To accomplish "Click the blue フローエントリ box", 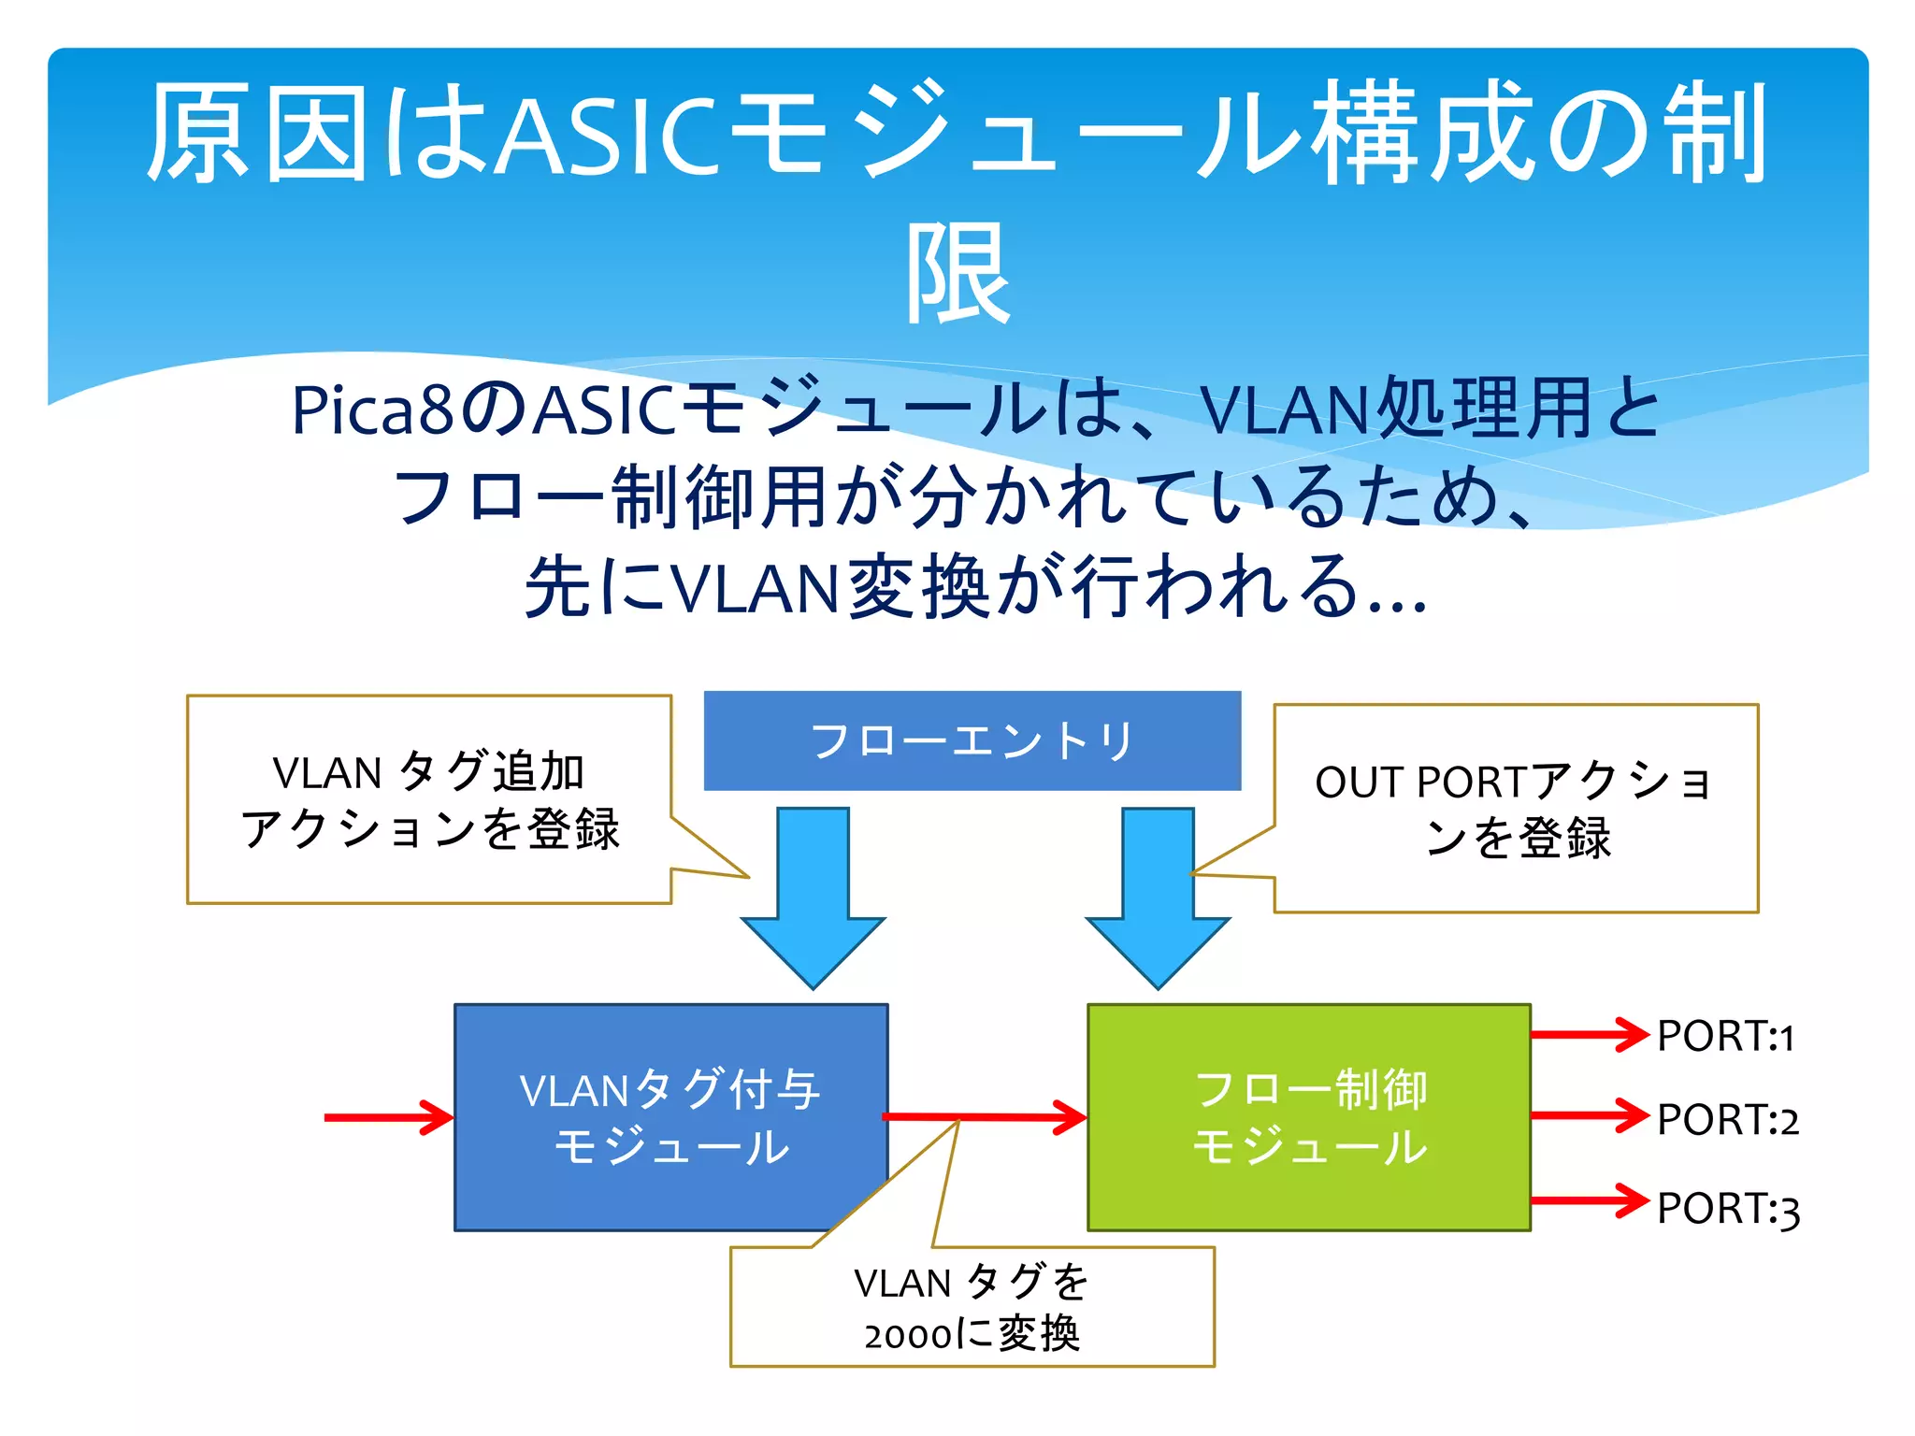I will point(972,740).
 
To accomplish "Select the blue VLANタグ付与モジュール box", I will point(670,1117).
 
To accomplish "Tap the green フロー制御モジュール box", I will point(1308,1117).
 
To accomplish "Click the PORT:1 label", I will point(1725,1037).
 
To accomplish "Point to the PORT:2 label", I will point(1727,1120).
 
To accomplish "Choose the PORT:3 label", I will point(1727,1208).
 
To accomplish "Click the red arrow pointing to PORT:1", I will point(1589,1034).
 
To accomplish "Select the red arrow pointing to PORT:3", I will point(1589,1199).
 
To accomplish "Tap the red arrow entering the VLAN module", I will point(388,1117).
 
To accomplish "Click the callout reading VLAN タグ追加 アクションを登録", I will point(429,799).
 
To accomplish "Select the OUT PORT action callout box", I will point(1516,808).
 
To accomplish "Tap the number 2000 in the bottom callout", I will point(906,1336).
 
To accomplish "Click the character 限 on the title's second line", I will point(958,274).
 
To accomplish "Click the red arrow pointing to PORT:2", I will point(1589,1114).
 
